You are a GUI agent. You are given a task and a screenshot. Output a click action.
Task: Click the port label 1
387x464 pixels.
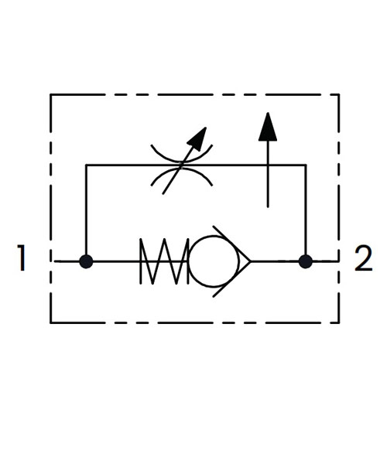tap(22, 258)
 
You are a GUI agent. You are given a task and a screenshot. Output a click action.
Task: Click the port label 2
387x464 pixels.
tap(363, 258)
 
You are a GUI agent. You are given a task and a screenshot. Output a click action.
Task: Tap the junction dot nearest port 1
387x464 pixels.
tap(86, 261)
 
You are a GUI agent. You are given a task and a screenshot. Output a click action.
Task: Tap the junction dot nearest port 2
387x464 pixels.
tap(306, 261)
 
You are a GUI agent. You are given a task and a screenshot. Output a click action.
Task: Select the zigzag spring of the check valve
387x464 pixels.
tap(164, 261)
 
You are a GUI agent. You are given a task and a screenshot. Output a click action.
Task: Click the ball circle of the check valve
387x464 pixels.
tap(213, 261)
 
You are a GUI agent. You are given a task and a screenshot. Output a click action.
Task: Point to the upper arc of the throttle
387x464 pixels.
tap(182, 155)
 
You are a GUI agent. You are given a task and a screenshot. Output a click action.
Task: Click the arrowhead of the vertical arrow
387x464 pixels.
tap(268, 127)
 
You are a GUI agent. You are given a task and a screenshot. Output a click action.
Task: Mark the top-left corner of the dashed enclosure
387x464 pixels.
tap(51, 94)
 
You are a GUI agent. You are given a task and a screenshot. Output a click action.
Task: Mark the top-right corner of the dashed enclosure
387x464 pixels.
tap(339, 94)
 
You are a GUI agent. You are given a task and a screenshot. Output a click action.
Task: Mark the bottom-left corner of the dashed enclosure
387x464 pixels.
tap(51, 322)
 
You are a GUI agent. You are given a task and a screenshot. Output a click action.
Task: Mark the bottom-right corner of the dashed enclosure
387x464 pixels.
tap(339, 322)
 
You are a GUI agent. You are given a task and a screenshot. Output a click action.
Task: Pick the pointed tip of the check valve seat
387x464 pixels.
tap(251, 261)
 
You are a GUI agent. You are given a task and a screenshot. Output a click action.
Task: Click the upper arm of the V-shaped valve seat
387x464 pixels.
tap(232, 244)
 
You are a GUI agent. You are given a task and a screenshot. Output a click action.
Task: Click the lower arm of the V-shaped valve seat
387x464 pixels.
tap(232, 279)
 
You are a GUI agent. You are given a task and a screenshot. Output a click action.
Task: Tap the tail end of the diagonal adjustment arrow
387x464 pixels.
tap(163, 194)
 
